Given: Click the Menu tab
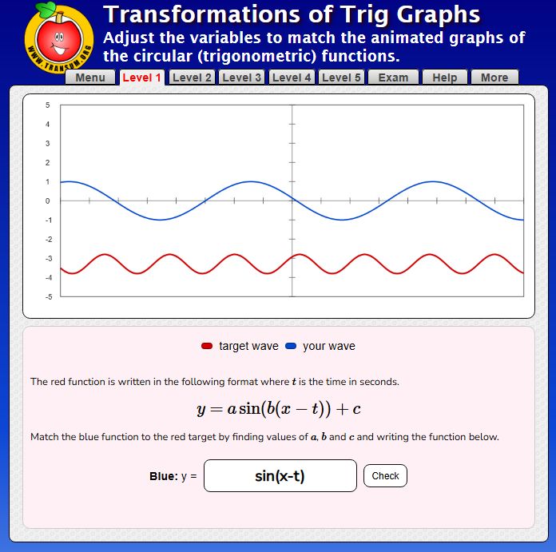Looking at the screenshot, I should (x=90, y=77).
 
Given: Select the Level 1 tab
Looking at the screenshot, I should (x=141, y=77).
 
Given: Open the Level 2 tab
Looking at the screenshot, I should (x=192, y=77).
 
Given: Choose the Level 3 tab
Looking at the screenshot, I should (x=242, y=77).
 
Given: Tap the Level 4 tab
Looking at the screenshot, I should (x=292, y=77).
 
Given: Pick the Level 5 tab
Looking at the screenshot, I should (x=341, y=77).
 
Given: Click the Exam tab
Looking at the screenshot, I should (x=393, y=77).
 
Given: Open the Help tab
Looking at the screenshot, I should (x=444, y=77).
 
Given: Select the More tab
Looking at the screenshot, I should (x=494, y=77).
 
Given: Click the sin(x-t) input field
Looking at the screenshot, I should (x=280, y=476).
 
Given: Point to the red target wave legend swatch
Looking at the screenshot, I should (x=207, y=346).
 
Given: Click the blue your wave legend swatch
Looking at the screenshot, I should (x=291, y=346).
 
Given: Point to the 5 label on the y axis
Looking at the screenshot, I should (x=47, y=105).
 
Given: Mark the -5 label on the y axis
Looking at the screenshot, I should (x=47, y=297).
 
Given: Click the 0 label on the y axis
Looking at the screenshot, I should (x=47, y=201).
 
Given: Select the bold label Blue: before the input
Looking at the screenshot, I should (x=163, y=476).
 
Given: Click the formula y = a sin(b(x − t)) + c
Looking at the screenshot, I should (x=278, y=409).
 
